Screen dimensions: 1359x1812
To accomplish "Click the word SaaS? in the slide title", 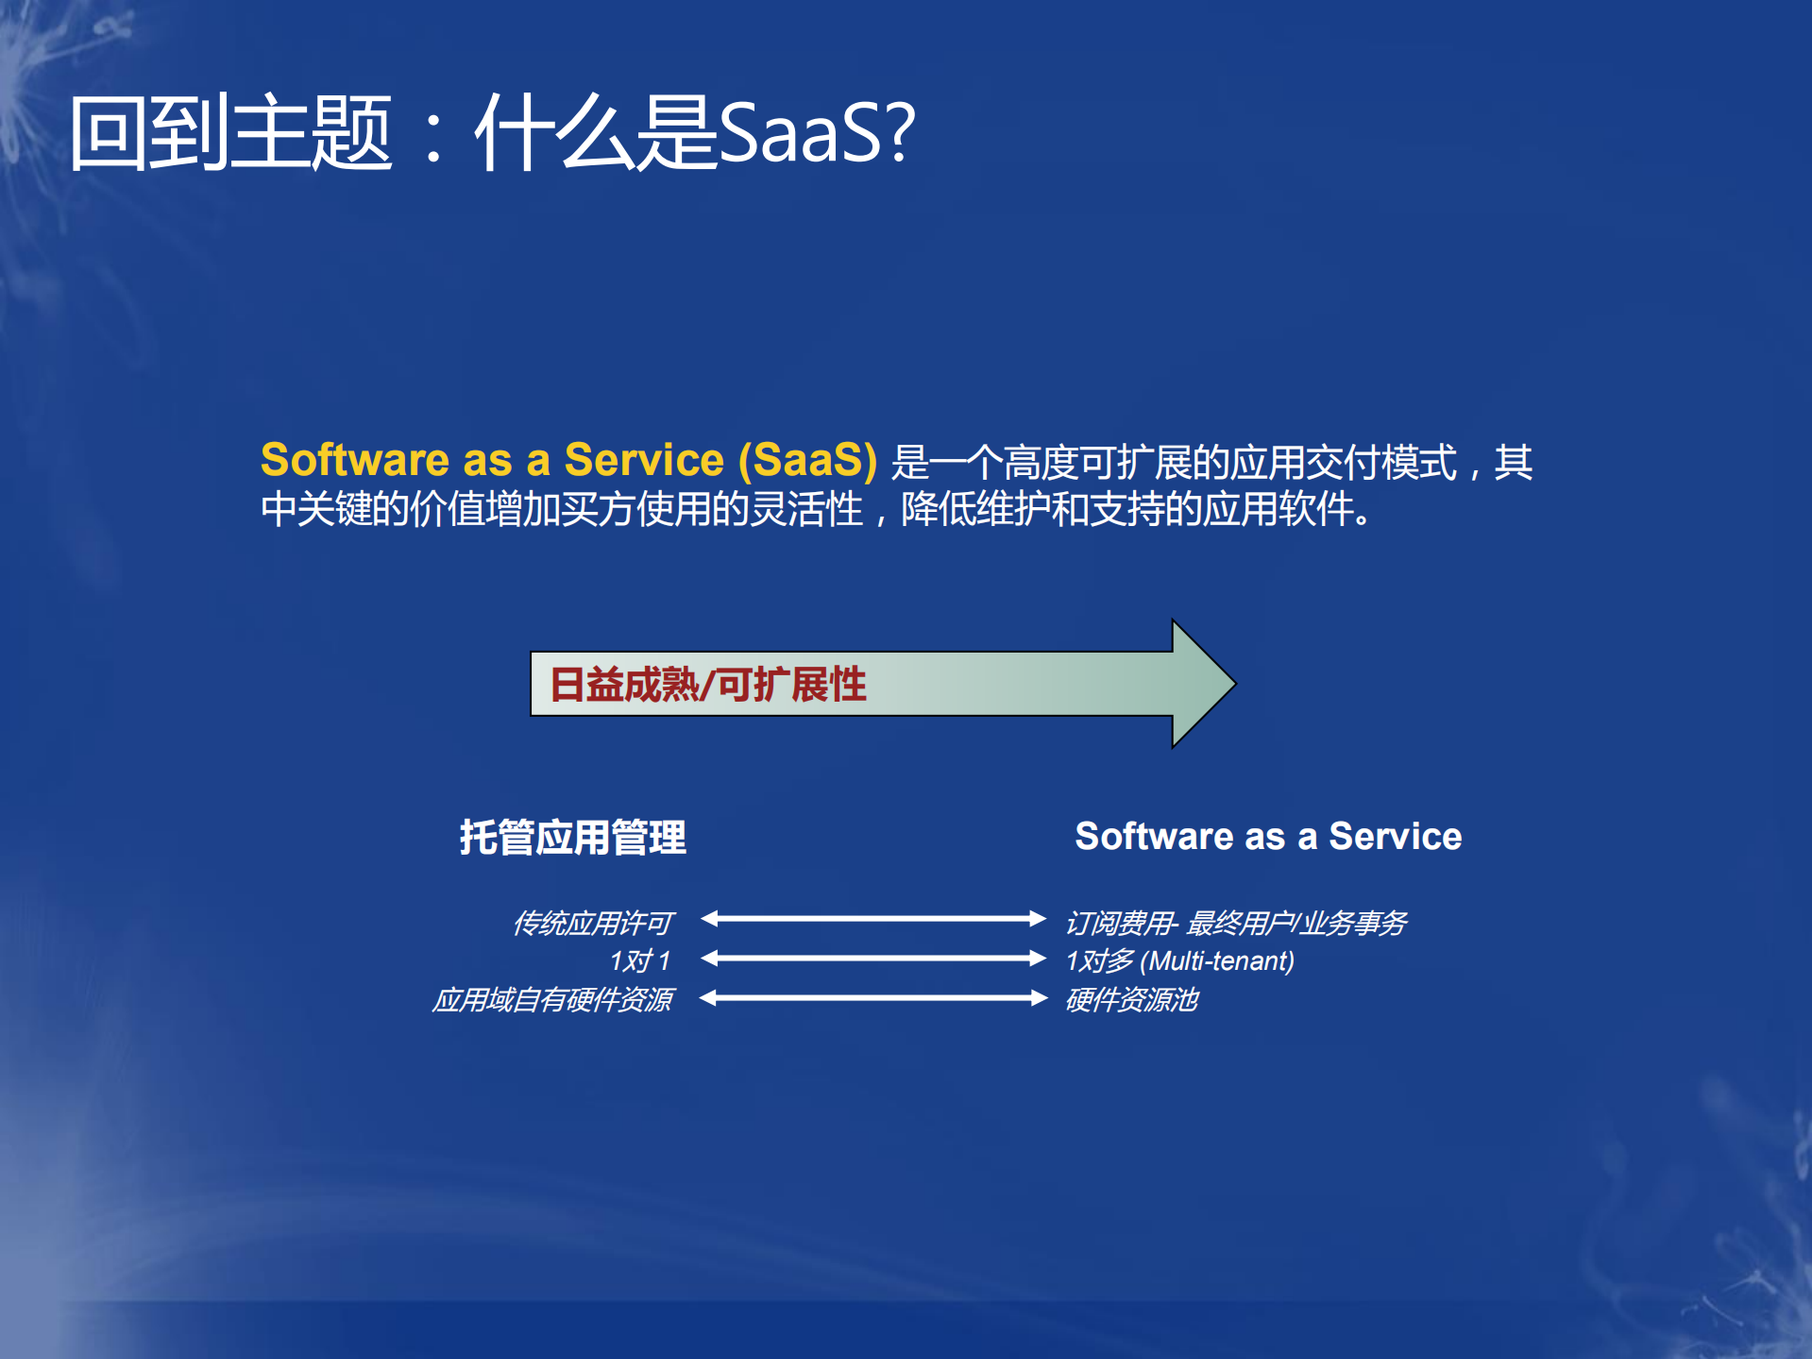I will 817,132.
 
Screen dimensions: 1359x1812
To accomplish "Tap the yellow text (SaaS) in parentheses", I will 808,460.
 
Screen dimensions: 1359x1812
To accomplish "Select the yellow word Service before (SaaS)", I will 643,460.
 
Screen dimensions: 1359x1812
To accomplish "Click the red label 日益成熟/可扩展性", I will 707,685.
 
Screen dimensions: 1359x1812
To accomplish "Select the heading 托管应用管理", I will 573,837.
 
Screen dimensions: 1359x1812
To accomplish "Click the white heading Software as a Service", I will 1268,836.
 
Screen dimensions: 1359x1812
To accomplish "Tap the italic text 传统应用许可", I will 593,922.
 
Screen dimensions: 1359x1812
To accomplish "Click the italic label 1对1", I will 639,960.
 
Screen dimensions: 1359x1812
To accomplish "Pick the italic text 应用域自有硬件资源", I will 552,999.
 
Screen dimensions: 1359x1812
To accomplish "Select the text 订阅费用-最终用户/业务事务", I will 1236,922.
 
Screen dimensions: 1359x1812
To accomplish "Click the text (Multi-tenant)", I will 1217,960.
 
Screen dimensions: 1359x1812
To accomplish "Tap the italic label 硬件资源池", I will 1131,999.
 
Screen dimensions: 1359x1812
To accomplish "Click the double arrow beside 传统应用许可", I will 873,918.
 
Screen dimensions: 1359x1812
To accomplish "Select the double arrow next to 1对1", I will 873,959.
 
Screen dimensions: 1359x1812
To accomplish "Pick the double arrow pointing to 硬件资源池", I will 873,998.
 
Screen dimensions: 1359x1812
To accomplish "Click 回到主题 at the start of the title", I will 230,132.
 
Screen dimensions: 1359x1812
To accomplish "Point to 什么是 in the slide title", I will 594,132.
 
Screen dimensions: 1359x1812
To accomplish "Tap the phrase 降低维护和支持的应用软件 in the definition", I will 1128,509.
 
